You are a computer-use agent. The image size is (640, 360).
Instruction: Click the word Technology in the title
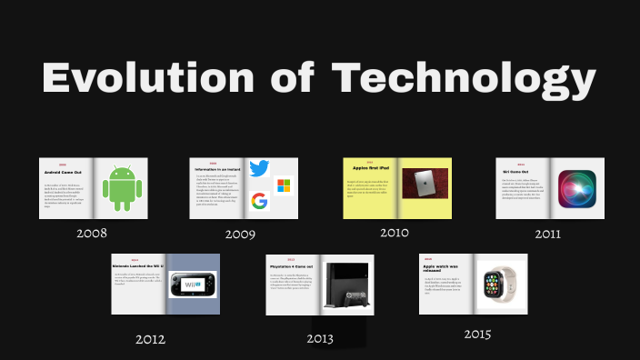coord(464,80)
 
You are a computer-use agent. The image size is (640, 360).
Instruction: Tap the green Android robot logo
coord(118,188)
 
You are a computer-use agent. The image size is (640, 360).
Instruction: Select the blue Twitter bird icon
coord(259,168)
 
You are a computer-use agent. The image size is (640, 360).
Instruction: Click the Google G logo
coord(259,201)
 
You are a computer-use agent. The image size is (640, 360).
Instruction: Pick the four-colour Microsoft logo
coord(283,185)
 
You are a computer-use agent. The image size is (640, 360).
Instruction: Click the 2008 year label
coord(92,234)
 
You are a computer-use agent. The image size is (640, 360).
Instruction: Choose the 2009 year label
coord(240,235)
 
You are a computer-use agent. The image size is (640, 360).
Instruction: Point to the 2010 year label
coord(395,233)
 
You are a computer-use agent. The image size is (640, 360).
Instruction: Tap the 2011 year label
coord(547,234)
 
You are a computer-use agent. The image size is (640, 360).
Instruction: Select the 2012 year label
coord(150,339)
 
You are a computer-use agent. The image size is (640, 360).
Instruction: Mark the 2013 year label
coord(320,339)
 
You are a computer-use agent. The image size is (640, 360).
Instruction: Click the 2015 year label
coord(477,335)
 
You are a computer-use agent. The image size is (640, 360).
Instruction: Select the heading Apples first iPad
coord(371,169)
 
